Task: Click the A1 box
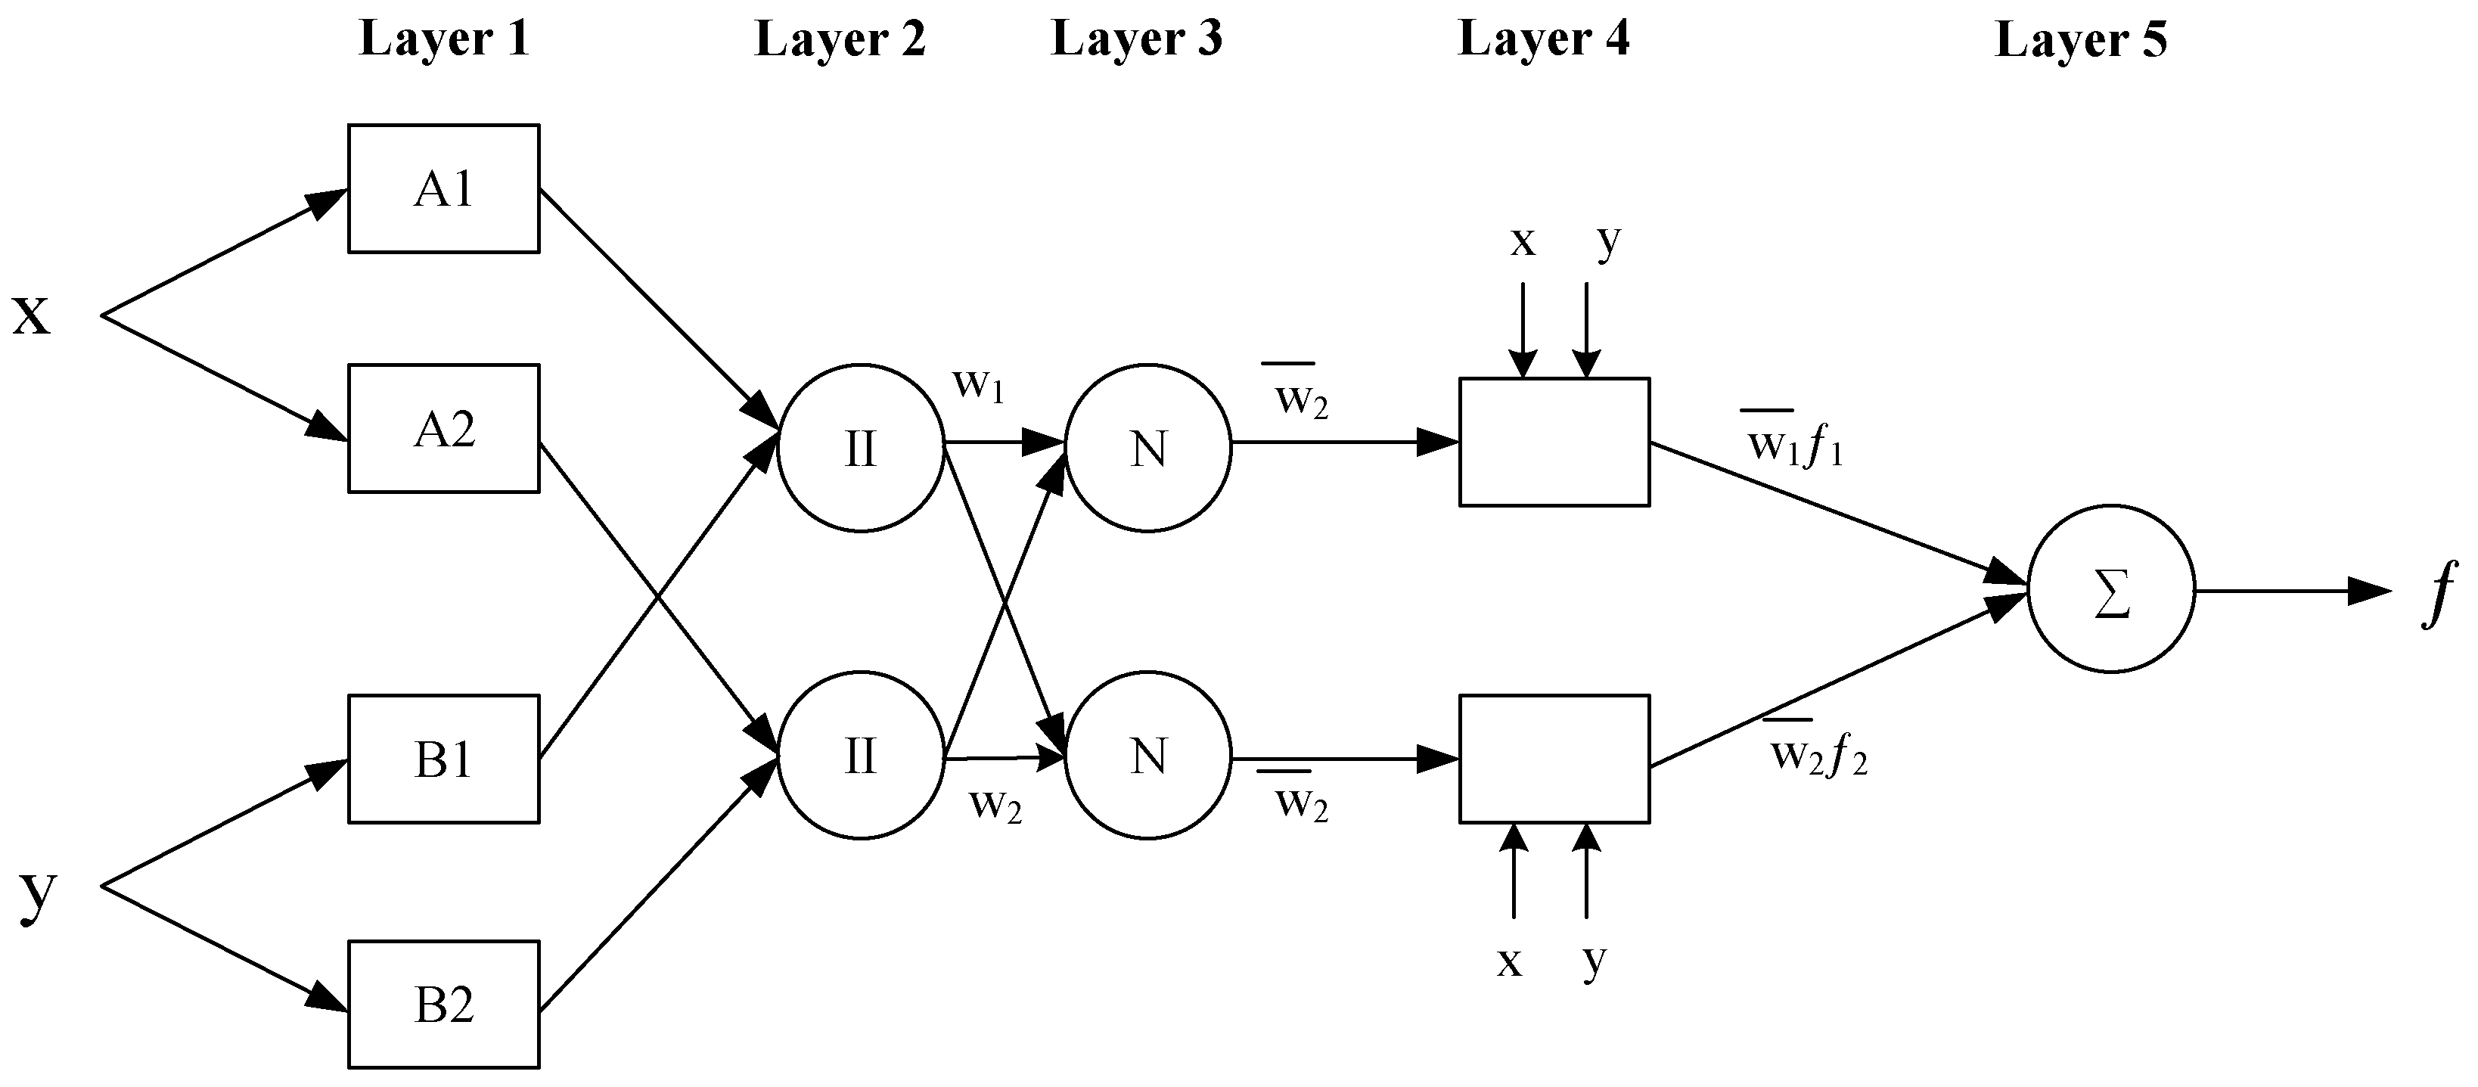pyautogui.click(x=443, y=188)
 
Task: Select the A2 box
pyautogui.click(x=443, y=429)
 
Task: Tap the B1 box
pyautogui.click(x=443, y=759)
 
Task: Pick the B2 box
pyautogui.click(x=443, y=1005)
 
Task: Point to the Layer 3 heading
pyautogui.click(x=1136, y=40)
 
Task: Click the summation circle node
pyautogui.click(x=2110, y=589)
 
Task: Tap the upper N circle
pyautogui.click(x=1147, y=447)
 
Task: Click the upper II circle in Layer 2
pyautogui.click(x=860, y=447)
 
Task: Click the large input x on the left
pyautogui.click(x=32, y=315)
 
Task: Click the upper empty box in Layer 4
pyautogui.click(x=1554, y=443)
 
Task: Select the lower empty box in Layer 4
pyautogui.click(x=1554, y=759)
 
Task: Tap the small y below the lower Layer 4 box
pyautogui.click(x=1594, y=961)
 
